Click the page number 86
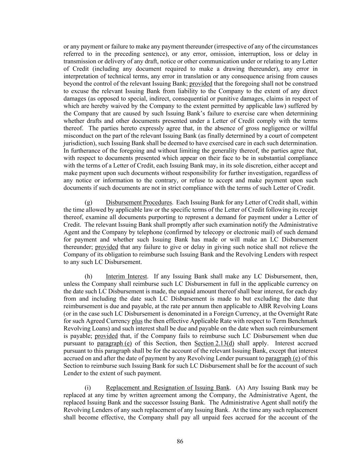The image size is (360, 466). (180, 441)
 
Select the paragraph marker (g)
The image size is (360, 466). (88, 202)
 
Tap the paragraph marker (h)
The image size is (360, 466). (88, 276)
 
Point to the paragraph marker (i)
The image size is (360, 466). (88, 387)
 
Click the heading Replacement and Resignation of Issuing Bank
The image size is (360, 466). (168, 387)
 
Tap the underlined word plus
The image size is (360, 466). (137, 321)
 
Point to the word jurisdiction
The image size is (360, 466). (77, 143)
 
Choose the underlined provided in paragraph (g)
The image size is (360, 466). (106, 247)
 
